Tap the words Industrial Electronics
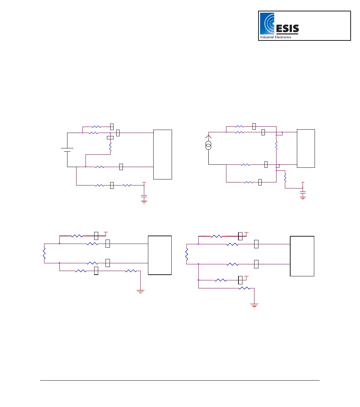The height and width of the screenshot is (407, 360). pyautogui.click(x=276, y=37)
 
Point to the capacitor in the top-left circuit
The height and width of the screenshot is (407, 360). pyautogui.click(x=144, y=195)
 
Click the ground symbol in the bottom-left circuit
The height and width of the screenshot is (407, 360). pyautogui.click(x=141, y=292)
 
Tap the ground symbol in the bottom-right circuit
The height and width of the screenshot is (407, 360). pyautogui.click(x=254, y=305)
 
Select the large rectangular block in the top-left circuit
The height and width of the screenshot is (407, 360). pyautogui.click(x=162, y=154)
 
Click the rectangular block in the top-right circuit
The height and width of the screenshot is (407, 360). pyautogui.click(x=306, y=148)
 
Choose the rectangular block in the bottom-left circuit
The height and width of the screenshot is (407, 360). pyautogui.click(x=160, y=255)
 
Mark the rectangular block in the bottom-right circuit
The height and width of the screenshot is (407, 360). pyautogui.click(x=302, y=256)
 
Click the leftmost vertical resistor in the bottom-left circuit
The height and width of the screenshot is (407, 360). pyautogui.click(x=44, y=253)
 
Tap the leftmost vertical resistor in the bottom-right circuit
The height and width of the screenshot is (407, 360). pyautogui.click(x=187, y=255)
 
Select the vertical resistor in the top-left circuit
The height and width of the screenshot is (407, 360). pyautogui.click(x=110, y=146)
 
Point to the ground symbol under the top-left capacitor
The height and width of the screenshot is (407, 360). pyautogui.click(x=144, y=201)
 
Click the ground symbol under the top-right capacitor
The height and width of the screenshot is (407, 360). pyautogui.click(x=303, y=198)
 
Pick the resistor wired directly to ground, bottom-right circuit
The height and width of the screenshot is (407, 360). pyautogui.click(x=244, y=288)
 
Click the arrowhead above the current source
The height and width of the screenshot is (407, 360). pyautogui.click(x=209, y=137)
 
